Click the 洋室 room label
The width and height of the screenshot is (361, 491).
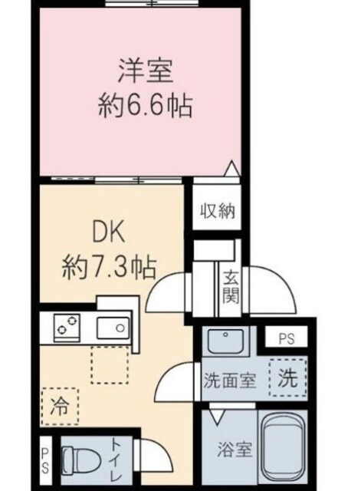click(x=143, y=74)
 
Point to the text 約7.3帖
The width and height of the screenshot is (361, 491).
click(x=110, y=269)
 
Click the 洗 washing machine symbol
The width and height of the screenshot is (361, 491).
click(x=287, y=377)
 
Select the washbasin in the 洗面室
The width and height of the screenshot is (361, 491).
click(x=226, y=339)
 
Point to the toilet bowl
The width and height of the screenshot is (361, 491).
click(x=79, y=461)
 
